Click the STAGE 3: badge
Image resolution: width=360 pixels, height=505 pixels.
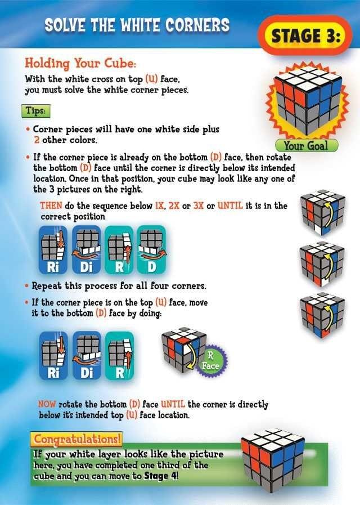305,35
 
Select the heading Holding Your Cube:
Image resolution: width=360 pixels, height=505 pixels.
80,63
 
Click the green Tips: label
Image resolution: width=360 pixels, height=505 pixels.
36,111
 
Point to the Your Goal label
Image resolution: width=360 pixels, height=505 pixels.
306,146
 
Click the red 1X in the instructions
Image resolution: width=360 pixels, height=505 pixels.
160,205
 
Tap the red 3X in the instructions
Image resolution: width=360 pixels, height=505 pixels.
199,205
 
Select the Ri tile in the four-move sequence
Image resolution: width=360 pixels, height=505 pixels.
53,250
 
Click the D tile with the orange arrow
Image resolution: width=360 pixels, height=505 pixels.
151,250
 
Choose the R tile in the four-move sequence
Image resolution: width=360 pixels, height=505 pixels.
119,250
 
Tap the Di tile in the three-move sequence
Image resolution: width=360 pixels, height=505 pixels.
87,356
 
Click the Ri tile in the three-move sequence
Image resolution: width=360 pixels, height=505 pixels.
53,356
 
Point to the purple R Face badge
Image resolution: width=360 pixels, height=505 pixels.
211,361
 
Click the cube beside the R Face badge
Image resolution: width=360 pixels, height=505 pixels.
183,350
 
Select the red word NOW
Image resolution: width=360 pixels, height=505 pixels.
47,404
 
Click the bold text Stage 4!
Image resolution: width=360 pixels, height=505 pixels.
160,476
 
